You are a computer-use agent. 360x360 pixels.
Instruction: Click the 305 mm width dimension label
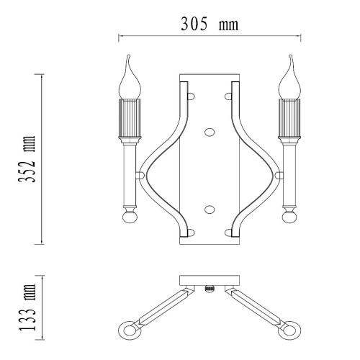click(210, 24)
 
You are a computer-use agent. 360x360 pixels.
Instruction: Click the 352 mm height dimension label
click(27, 159)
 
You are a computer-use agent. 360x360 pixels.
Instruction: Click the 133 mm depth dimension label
click(27, 307)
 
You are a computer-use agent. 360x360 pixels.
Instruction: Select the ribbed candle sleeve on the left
click(130, 118)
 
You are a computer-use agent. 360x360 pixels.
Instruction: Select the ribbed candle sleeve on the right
click(289, 118)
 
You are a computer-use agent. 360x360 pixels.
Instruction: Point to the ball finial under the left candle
click(130, 217)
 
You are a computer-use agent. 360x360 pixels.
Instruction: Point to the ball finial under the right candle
click(289, 217)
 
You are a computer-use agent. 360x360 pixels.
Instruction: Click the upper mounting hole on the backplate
click(210, 132)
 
